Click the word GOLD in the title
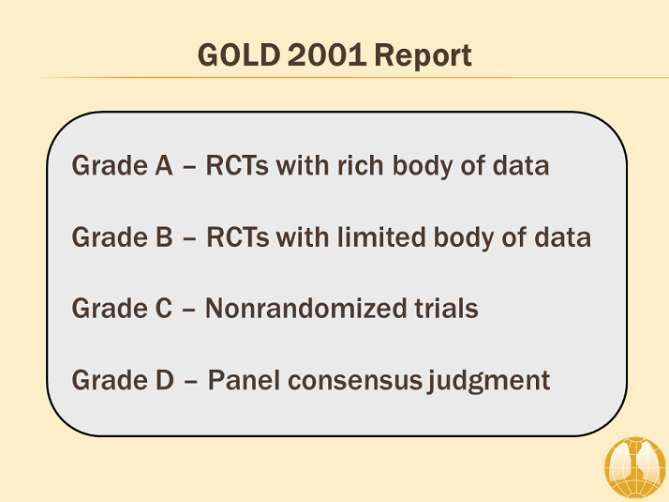(x=239, y=55)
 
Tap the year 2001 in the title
(x=327, y=55)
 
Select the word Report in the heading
(x=423, y=56)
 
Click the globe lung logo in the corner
(x=635, y=468)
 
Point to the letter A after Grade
(x=164, y=165)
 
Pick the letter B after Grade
(x=164, y=237)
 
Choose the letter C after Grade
(x=163, y=309)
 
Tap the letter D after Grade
(x=165, y=380)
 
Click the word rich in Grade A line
(x=361, y=165)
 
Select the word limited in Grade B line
(x=381, y=237)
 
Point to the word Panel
(x=244, y=380)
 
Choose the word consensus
(x=355, y=381)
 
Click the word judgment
(x=489, y=382)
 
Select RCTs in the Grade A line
(x=237, y=165)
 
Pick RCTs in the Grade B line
(x=238, y=237)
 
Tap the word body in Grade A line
(x=423, y=167)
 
